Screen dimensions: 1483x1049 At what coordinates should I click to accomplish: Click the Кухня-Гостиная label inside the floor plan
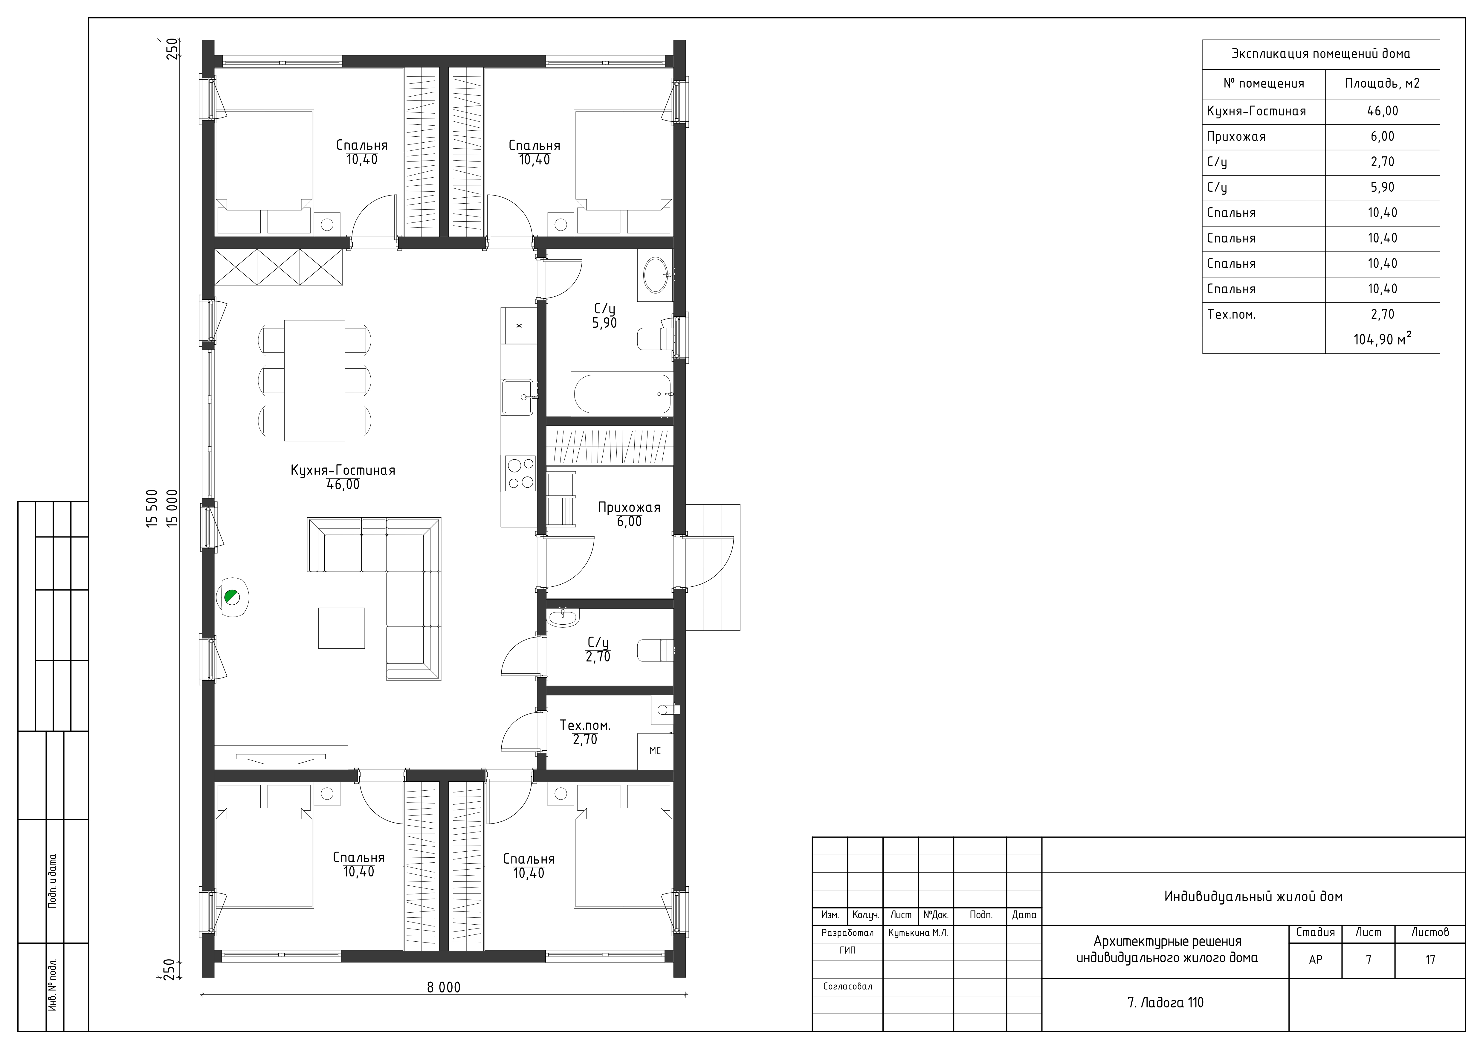(343, 470)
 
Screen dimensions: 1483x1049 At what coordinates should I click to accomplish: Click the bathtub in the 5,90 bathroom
(621, 394)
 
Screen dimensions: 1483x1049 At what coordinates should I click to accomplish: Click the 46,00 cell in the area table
(1382, 111)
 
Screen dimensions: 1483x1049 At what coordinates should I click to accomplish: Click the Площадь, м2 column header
(1382, 83)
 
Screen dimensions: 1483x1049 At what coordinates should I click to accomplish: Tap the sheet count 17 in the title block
(1430, 960)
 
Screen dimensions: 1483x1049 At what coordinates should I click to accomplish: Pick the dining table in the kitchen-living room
(314, 380)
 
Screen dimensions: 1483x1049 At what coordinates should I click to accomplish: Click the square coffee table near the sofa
(341, 628)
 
